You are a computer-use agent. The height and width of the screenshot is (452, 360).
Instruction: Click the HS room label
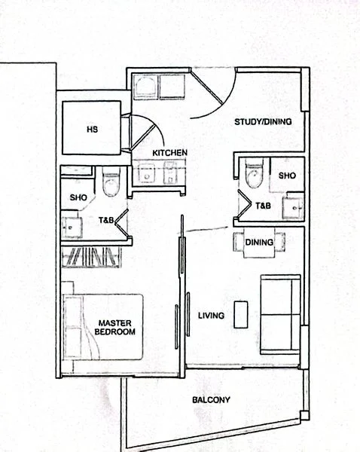[x=92, y=129]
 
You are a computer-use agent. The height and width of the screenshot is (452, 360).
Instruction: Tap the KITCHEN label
[x=169, y=153]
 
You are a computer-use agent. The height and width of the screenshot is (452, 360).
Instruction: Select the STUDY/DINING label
[x=263, y=121]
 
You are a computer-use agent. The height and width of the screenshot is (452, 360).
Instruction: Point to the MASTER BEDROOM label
[x=117, y=328]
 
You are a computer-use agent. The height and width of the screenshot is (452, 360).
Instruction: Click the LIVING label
[x=210, y=315]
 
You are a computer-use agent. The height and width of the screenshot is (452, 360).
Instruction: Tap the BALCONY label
[x=211, y=400]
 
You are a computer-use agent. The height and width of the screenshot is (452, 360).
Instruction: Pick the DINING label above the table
[x=259, y=243]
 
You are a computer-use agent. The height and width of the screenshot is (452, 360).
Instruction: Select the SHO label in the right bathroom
[x=287, y=175]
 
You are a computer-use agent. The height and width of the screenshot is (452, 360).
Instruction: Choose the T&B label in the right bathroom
[x=263, y=205]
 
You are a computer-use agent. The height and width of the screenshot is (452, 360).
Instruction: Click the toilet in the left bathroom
[x=111, y=183]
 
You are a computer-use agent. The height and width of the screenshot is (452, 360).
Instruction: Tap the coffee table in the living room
[x=241, y=313]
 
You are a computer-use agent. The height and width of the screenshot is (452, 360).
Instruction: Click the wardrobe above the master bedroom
[x=92, y=258]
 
